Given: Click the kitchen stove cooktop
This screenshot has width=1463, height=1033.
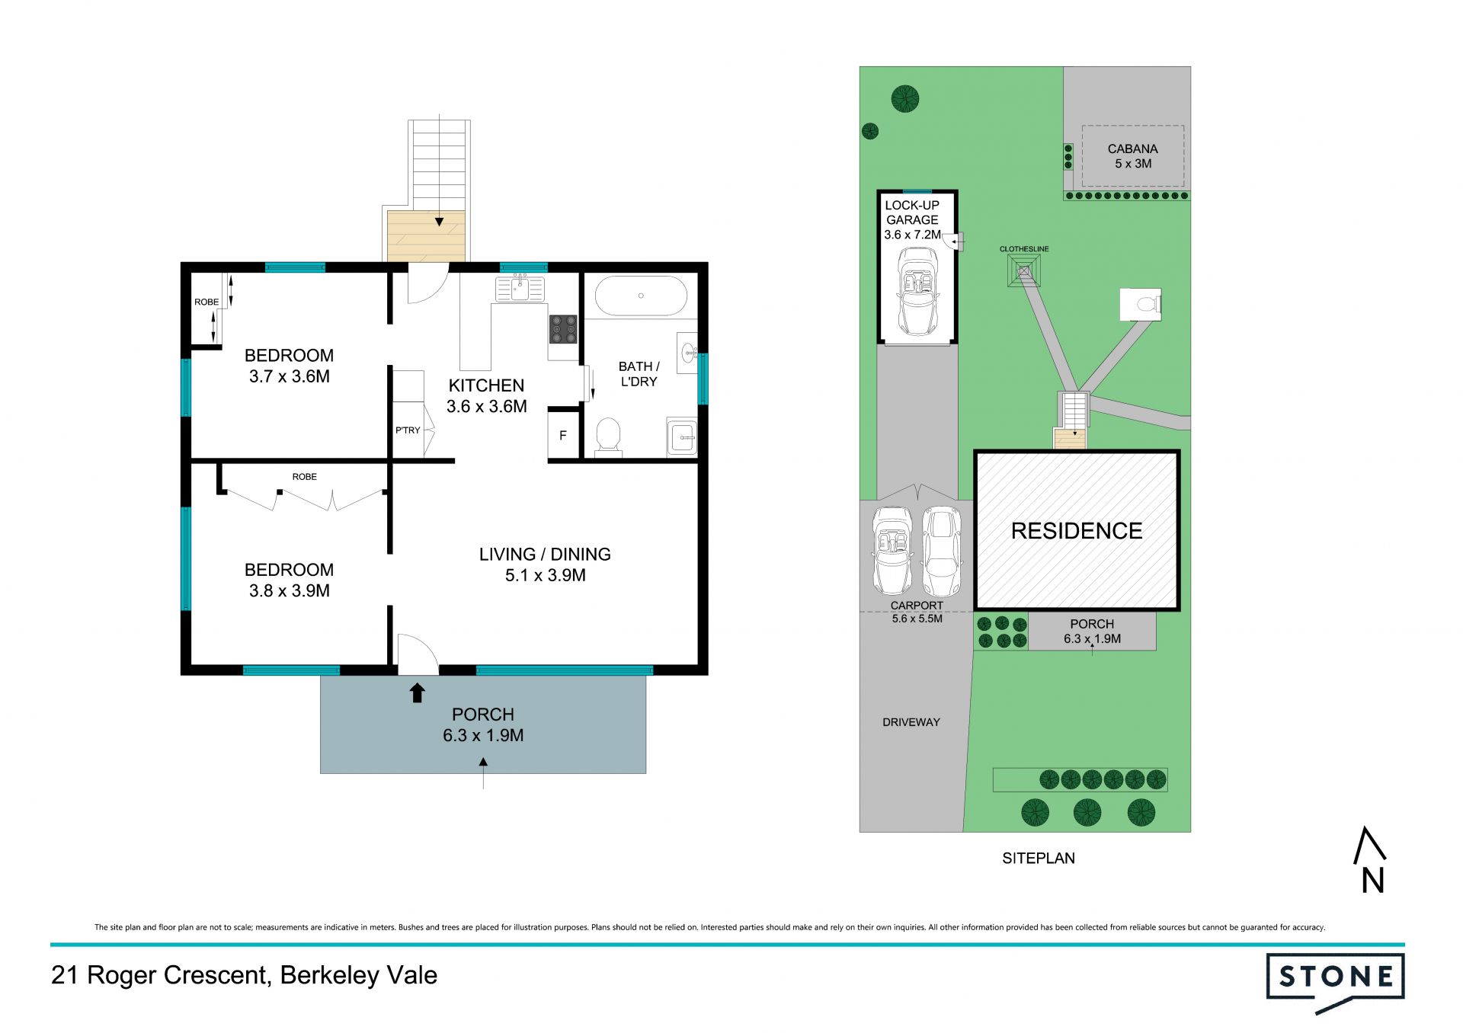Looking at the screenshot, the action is (563, 330).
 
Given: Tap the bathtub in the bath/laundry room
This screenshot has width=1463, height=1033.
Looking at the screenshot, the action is (640, 296).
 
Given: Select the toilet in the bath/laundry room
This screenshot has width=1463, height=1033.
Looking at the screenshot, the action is (608, 437).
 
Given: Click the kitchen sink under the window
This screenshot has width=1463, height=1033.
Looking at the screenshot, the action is (520, 289).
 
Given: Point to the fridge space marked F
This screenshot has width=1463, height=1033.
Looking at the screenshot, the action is (563, 435).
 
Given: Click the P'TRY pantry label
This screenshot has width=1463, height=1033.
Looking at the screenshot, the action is (408, 430).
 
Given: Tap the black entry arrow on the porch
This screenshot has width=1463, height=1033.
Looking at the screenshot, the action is (417, 692).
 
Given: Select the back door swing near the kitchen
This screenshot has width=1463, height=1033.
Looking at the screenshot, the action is (427, 283).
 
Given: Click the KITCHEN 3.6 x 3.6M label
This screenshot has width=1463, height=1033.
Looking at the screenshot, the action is (487, 396).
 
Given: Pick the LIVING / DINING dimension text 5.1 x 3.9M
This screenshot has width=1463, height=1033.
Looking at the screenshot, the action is (546, 576).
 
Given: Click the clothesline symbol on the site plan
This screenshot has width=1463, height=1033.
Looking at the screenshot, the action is (1023, 270).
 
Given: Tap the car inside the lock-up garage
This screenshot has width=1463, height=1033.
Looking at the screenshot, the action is (917, 291).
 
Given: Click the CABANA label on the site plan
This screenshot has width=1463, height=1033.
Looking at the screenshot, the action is (1133, 149).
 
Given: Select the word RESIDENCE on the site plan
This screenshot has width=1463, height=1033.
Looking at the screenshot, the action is (1077, 531).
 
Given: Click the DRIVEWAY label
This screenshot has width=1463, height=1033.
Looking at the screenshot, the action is (911, 722).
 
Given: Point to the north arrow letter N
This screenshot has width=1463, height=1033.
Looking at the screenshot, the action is (1373, 881).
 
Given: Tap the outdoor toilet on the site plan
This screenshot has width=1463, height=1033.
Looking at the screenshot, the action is (1141, 305).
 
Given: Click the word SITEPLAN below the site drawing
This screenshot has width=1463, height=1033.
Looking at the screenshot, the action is (1039, 859).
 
